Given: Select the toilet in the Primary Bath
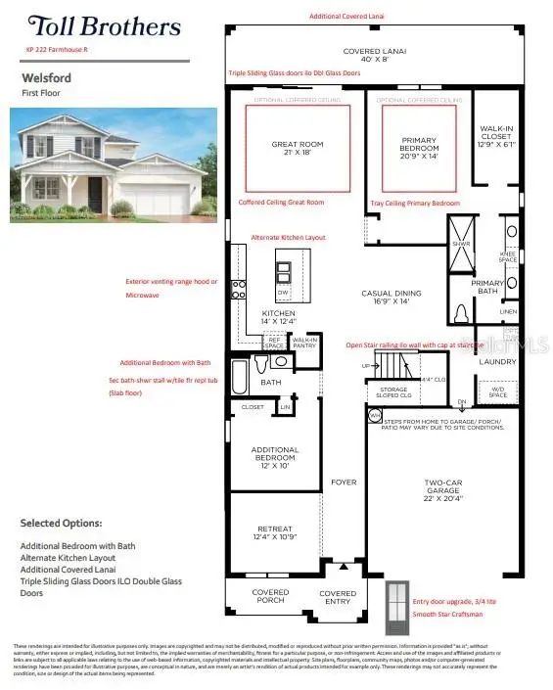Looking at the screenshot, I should (x=462, y=314).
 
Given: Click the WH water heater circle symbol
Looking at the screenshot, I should (x=374, y=416).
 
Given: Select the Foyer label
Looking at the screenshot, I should (x=344, y=483).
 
